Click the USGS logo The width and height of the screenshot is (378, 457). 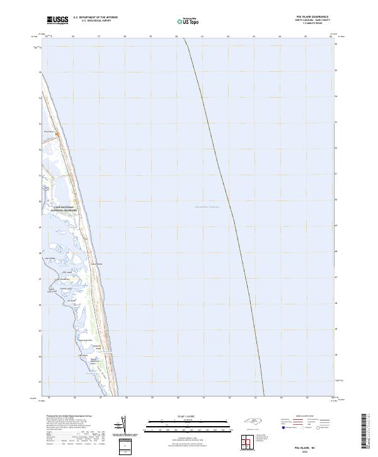tap(58, 21)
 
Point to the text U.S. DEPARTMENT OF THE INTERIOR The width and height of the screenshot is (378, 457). tap(95, 18)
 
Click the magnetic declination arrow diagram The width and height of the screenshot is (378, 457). tap(122, 425)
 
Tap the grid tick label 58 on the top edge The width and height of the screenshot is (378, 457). tap(125, 37)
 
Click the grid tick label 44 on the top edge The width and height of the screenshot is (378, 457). tap(280, 37)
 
